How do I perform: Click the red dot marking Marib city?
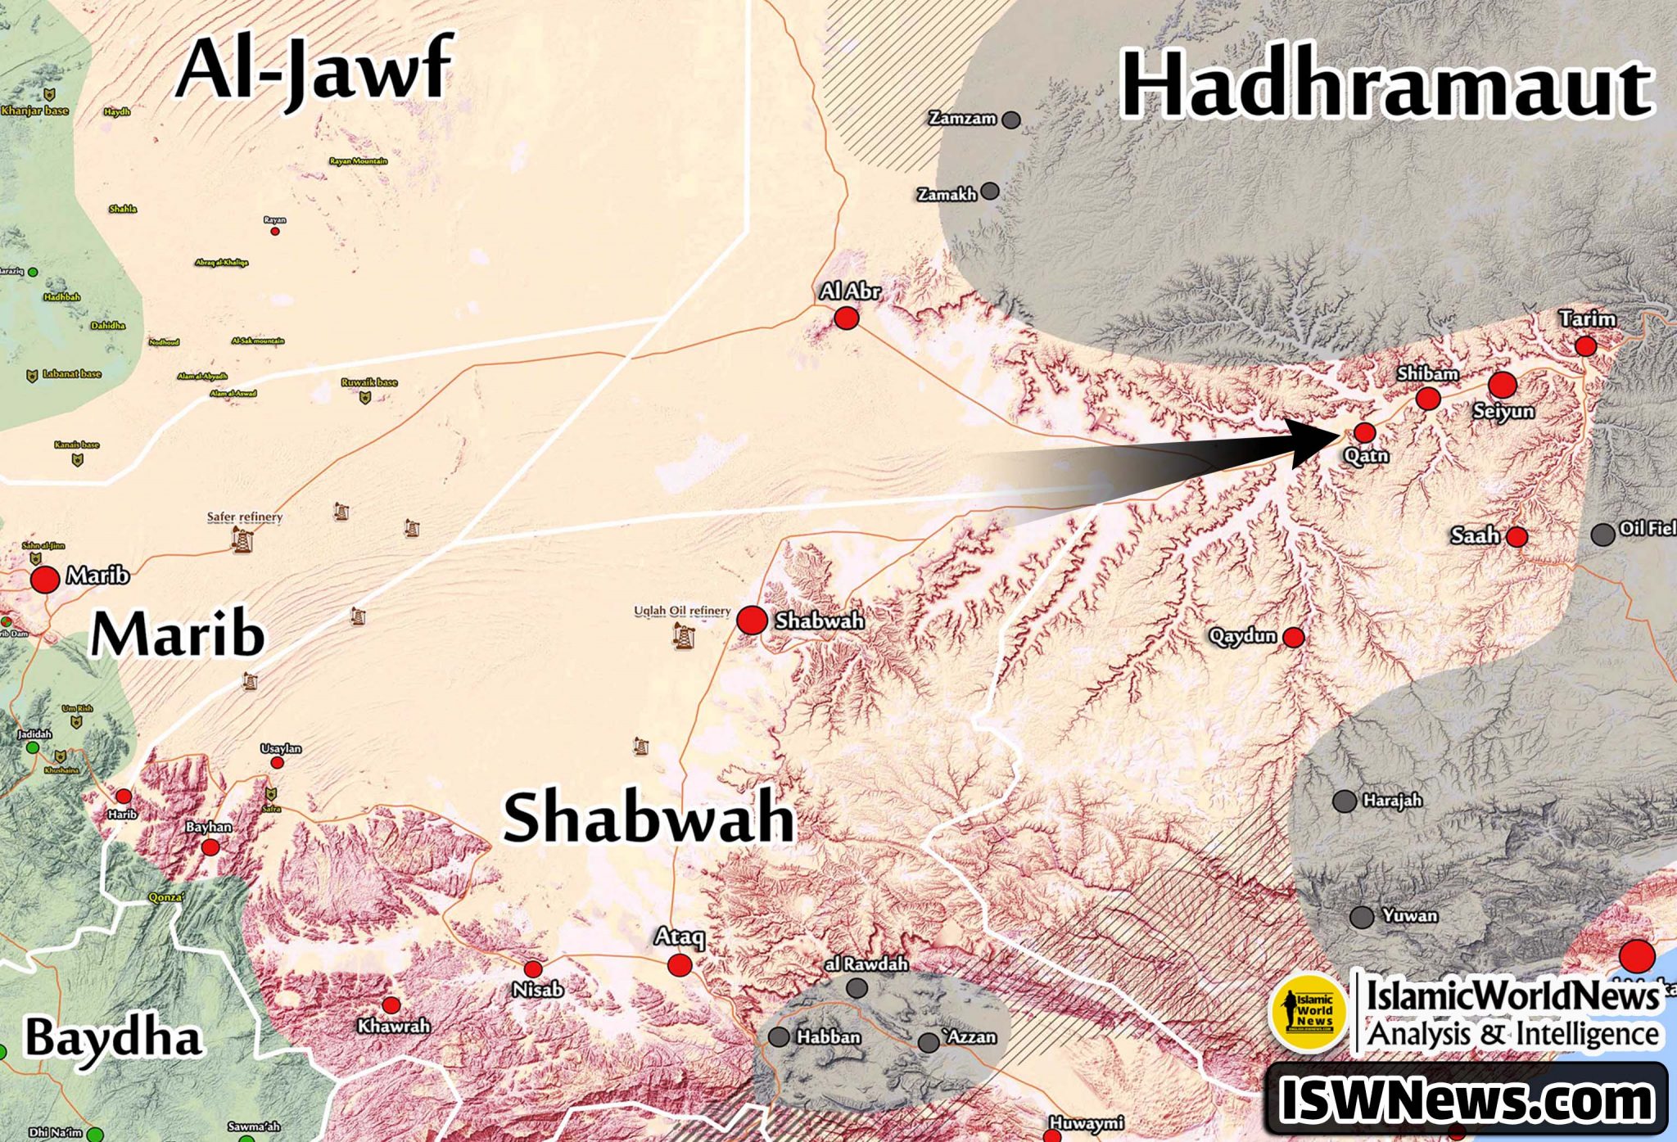(x=45, y=580)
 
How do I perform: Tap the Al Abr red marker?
(x=846, y=318)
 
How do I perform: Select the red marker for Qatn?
(x=1364, y=432)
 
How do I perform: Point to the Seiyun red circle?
(x=1503, y=384)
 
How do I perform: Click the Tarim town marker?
(x=1585, y=346)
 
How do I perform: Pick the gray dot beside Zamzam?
(x=1011, y=120)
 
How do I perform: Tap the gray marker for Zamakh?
(x=990, y=192)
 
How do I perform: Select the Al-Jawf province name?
(x=314, y=70)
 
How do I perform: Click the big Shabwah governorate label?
(x=649, y=818)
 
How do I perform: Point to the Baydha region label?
(x=113, y=1038)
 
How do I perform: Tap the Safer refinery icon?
(x=242, y=539)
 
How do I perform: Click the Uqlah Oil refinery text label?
(x=682, y=612)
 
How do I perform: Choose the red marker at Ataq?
(x=680, y=965)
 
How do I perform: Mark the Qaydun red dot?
(x=1294, y=637)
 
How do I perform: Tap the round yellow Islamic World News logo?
(x=1308, y=1013)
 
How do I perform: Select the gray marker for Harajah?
(x=1345, y=801)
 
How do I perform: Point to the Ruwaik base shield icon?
(x=365, y=398)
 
